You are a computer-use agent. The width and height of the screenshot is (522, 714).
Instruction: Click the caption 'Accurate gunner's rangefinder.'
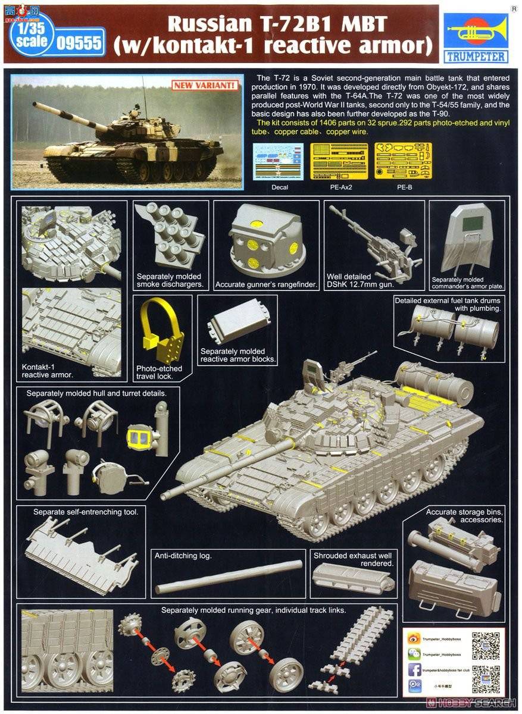pyautogui.click(x=266, y=284)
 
